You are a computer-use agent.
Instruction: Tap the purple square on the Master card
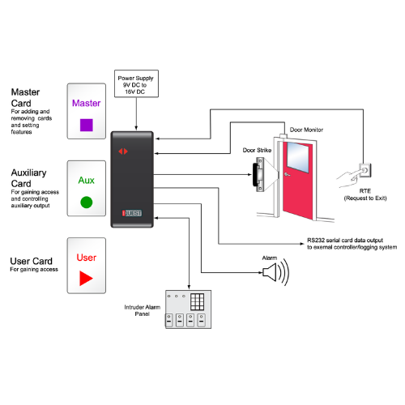87,125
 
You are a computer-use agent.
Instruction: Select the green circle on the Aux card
87,202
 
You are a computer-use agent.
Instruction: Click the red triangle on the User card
86,279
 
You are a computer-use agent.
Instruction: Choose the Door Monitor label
306,129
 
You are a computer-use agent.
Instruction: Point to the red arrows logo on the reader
123,151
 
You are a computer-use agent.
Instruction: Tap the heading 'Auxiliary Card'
32,178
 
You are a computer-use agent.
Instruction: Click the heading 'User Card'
32,261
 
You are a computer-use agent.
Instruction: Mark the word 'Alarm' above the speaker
270,257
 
